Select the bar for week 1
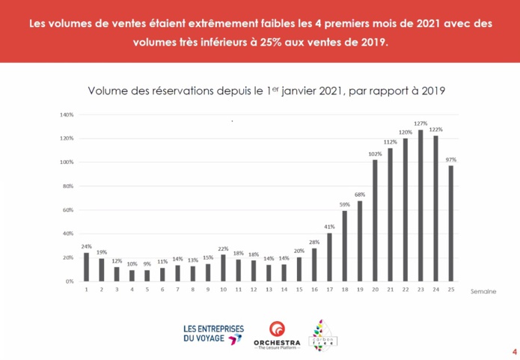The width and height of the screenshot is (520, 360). (86, 267)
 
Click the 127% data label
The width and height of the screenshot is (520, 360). (420, 123)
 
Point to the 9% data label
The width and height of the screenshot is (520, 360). (147, 264)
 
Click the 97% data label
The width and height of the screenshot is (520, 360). (450, 159)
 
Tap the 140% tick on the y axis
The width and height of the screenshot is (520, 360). (66, 115)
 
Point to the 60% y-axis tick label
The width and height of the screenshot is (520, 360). (67, 210)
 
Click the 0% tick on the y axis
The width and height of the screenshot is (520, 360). (69, 281)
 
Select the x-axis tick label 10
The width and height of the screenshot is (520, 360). (222, 290)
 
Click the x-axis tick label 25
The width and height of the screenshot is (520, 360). (450, 290)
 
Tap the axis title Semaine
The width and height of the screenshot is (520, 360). (483, 292)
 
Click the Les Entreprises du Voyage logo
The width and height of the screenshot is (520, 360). (213, 334)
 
